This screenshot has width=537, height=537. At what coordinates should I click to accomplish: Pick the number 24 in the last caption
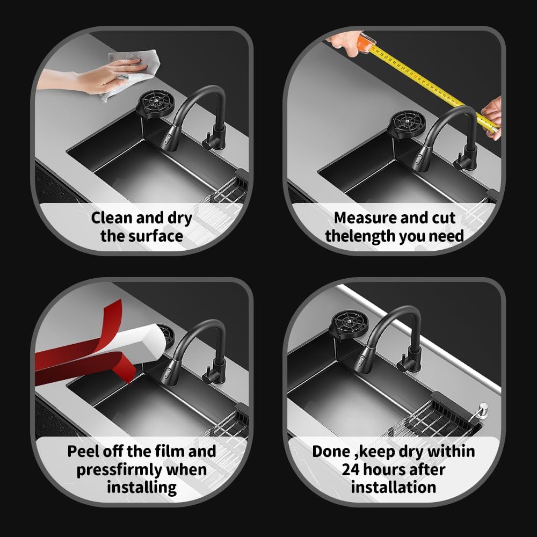[x=350, y=469]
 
